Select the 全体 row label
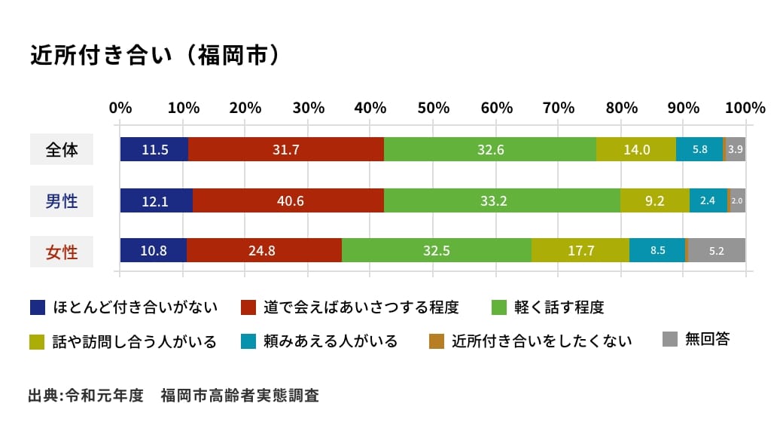tap(62, 149)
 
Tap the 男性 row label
tap(62, 200)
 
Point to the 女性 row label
tap(62, 251)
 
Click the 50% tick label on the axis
tap(433, 107)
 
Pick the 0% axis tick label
tap(120, 107)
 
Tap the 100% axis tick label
tap(745, 107)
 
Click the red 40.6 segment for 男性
tap(288, 200)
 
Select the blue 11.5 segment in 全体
tap(154, 149)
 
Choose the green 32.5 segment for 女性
tap(437, 251)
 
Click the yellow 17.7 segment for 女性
tap(580, 251)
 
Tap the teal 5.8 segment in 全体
tap(699, 149)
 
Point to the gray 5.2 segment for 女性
tap(717, 251)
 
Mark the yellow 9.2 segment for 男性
tap(654, 200)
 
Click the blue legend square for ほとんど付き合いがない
tap(38, 307)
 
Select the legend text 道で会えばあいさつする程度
tap(361, 307)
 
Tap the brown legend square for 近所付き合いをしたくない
tap(437, 341)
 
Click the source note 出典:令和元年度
tap(85, 396)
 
